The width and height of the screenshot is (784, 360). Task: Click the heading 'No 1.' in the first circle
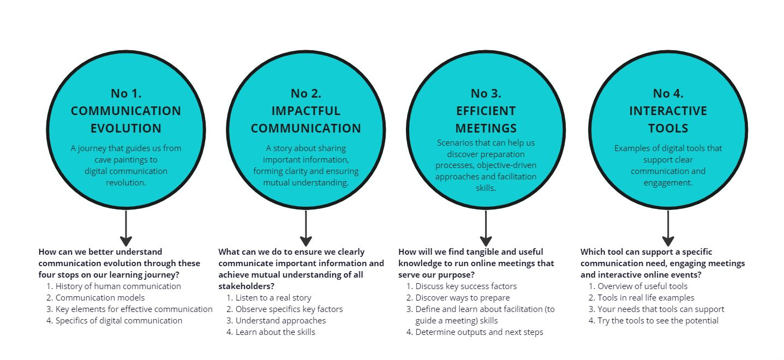[x=126, y=93]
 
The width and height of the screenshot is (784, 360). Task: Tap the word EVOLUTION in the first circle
[x=126, y=128]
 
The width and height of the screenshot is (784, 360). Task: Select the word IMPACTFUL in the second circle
[x=306, y=111]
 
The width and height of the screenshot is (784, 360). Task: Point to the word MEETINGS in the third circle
[x=486, y=128]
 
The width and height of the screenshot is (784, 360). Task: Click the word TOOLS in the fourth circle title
[x=668, y=128]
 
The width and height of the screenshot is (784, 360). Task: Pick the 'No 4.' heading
[x=668, y=93]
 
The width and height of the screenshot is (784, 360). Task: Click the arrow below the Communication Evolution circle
[x=126, y=228]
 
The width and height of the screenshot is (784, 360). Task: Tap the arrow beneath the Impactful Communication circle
[x=306, y=228]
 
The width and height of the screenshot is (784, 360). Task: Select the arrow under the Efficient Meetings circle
[x=486, y=228]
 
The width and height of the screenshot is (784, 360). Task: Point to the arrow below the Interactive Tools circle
[x=668, y=228]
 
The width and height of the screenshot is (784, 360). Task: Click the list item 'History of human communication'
[x=118, y=286]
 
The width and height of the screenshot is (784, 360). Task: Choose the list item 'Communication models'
[x=100, y=298]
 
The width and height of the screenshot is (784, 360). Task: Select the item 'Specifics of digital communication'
[x=119, y=321]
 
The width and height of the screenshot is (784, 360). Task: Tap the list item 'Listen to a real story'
[x=273, y=298]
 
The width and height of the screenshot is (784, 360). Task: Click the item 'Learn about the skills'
[x=276, y=332]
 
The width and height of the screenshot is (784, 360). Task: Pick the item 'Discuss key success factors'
[x=466, y=286]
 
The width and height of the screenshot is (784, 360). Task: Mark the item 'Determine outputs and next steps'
[x=479, y=332]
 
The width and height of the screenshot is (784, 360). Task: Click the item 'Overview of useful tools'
[x=643, y=286]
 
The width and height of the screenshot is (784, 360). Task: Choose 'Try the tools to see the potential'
[x=658, y=321]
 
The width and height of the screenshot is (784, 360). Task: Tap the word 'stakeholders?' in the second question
[x=247, y=286]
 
